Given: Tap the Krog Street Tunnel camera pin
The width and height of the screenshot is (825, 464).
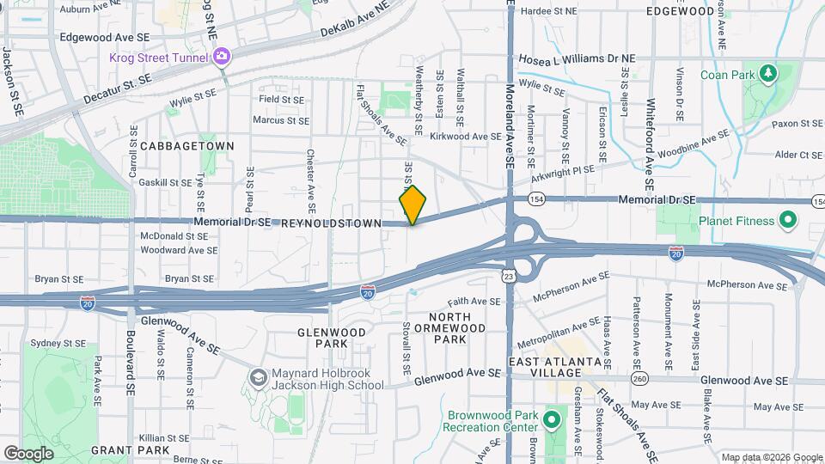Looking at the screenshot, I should [223, 57].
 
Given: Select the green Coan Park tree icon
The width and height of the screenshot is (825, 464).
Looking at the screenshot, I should [767, 74].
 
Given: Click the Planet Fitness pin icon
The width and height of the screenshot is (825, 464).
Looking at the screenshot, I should [788, 221].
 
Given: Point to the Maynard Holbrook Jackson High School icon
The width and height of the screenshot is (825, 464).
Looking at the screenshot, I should [258, 377].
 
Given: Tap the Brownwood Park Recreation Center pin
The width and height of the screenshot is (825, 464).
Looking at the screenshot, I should [552, 421].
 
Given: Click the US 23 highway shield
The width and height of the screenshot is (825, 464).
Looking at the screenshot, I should [509, 276].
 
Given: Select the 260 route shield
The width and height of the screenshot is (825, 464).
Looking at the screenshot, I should [639, 379].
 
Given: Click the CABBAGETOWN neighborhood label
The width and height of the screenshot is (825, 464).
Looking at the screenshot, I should [187, 146].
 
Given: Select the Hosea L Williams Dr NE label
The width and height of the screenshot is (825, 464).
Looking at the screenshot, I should [577, 58].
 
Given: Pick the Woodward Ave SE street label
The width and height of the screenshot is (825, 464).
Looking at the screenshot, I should [179, 250].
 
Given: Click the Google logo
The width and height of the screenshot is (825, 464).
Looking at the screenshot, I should [28, 453].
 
